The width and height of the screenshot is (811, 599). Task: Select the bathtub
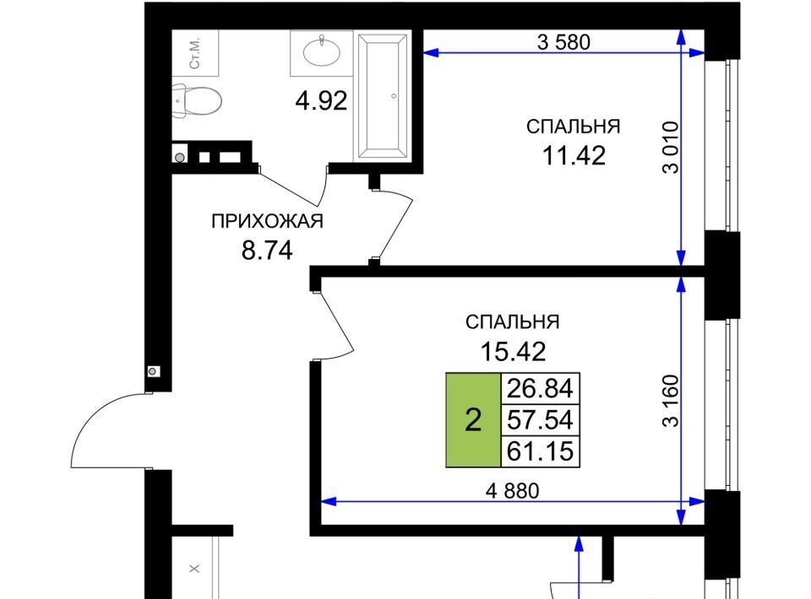coord(382,95)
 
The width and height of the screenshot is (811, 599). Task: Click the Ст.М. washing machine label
coord(195,53)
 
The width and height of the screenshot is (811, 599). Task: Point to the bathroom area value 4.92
coord(321,100)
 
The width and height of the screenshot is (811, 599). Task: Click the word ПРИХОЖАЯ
coord(268,222)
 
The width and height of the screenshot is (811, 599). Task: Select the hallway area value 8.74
coord(268,251)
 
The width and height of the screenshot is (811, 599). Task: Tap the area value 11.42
coord(574,155)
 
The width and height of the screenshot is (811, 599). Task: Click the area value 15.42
coord(513,352)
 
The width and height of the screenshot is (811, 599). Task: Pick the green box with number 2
coord(473,420)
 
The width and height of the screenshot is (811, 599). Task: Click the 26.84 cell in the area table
coord(541,388)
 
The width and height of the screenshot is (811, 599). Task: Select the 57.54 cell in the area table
coord(541,420)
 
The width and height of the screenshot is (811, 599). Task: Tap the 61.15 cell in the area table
coord(541,451)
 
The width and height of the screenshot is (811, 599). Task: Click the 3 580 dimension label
coord(563,42)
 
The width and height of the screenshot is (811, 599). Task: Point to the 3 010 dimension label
coord(670,148)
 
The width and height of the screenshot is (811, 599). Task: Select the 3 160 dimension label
coord(670,401)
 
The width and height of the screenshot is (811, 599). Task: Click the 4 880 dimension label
coord(513,490)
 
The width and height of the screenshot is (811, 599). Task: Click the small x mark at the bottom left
coord(194,569)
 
